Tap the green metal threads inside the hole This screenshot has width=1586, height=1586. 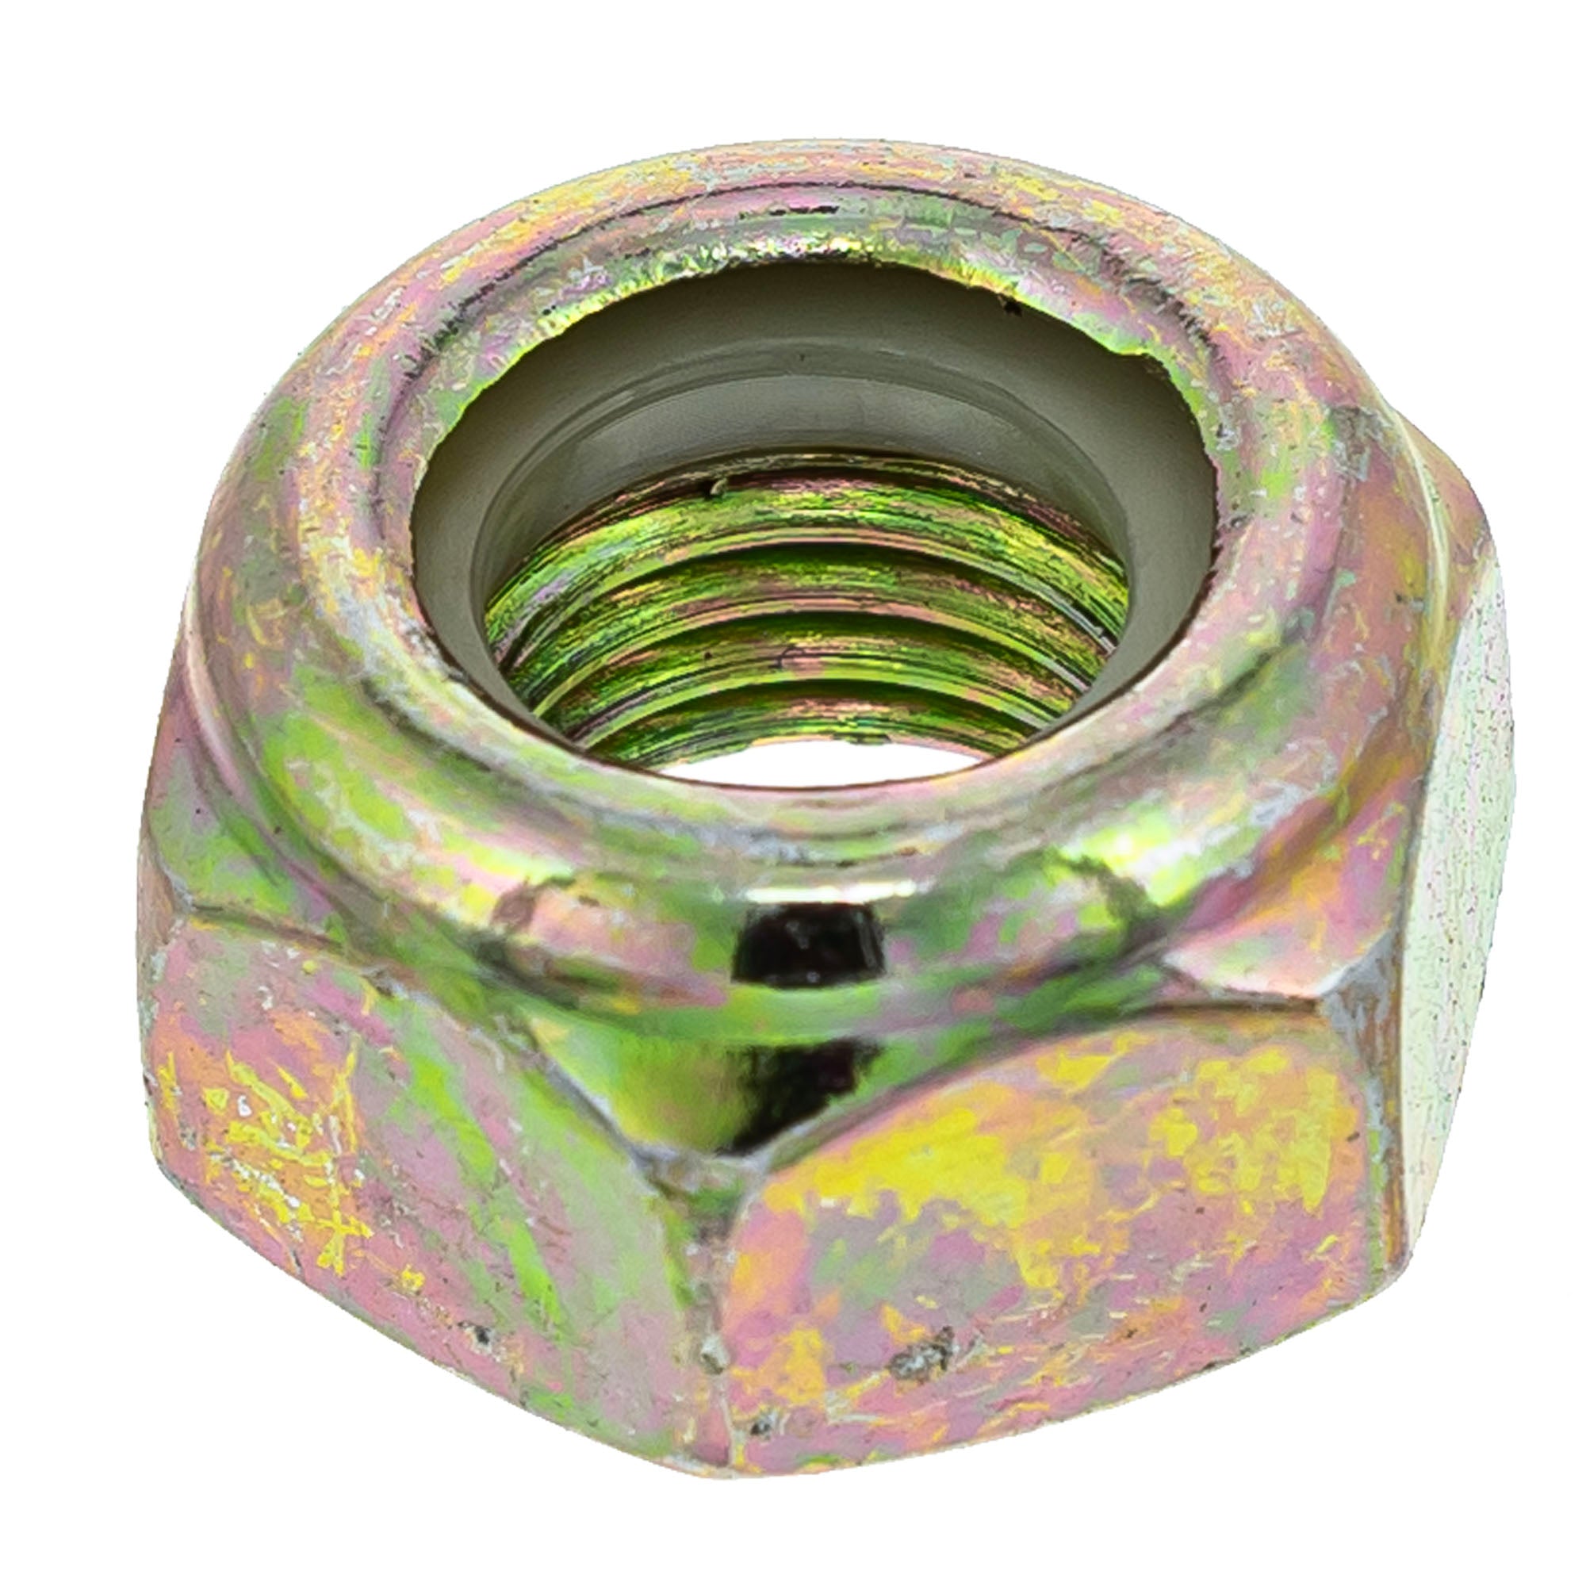[804, 624]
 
